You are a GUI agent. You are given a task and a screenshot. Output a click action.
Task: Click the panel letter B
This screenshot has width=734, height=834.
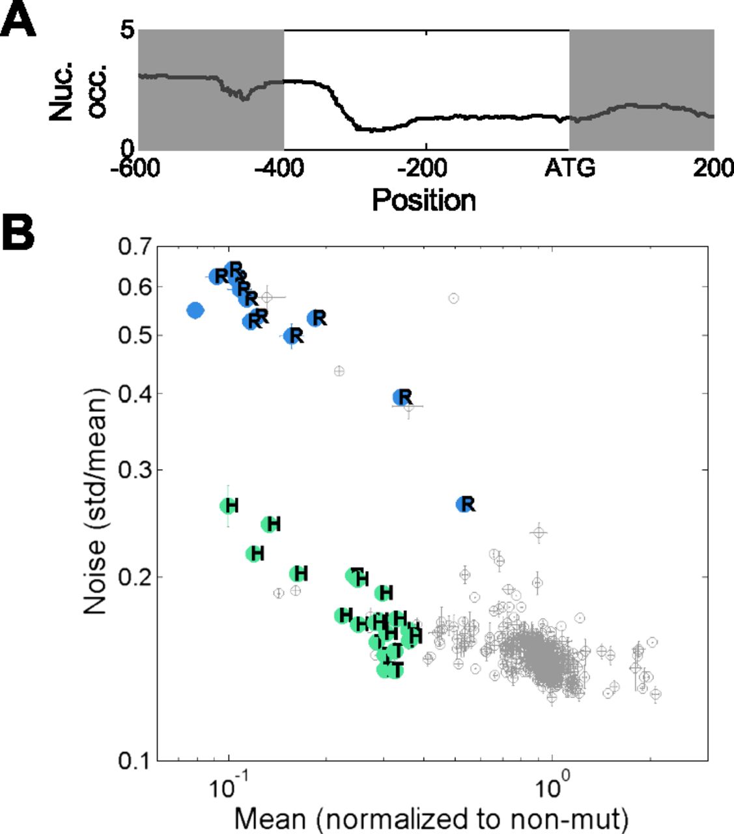tap(18, 233)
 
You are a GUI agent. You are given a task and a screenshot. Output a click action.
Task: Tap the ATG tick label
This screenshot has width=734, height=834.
tap(569, 168)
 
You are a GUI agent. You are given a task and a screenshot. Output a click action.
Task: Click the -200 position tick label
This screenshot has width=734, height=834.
tap(423, 168)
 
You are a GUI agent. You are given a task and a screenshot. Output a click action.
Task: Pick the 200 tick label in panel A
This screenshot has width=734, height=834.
tap(713, 168)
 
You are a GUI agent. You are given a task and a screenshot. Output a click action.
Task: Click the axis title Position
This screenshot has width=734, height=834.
tap(423, 199)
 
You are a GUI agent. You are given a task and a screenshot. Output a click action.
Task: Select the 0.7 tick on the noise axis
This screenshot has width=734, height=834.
tap(135, 247)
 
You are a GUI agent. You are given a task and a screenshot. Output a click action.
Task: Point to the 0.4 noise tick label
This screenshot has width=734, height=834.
tap(135, 394)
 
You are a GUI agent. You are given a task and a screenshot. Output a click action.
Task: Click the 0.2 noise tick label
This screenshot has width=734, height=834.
tap(135, 577)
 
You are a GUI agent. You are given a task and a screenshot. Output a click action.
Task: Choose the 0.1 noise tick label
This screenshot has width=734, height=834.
tap(135, 760)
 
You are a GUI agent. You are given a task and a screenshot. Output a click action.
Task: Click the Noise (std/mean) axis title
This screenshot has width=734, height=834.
tap(95, 502)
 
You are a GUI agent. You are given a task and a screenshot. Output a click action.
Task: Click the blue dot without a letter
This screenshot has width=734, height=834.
tap(195, 310)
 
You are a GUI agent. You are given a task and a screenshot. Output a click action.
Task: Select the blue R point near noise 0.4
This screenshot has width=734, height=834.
tap(402, 397)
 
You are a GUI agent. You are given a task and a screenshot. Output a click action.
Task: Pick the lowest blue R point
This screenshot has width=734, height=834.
tap(465, 504)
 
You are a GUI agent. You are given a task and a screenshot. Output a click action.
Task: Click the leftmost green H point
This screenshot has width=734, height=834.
tap(229, 506)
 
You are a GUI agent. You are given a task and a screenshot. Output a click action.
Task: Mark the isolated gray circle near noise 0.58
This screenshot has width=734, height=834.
tap(454, 298)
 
